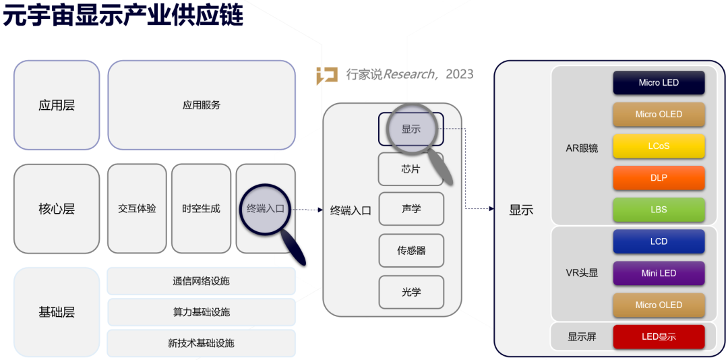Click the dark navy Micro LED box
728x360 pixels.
pyautogui.click(x=659, y=83)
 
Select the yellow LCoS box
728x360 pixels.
pyautogui.click(x=659, y=146)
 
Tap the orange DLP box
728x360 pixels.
pyautogui.click(x=659, y=178)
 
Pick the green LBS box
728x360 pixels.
pyautogui.click(x=659, y=210)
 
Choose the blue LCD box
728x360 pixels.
pyautogui.click(x=659, y=241)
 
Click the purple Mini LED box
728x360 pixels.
pyautogui.click(x=659, y=273)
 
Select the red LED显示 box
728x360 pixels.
pyautogui.click(x=659, y=336)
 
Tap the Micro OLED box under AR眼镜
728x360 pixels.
pyautogui.click(x=659, y=115)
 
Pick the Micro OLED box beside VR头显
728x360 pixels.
pyautogui.click(x=659, y=305)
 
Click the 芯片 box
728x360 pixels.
pyautogui.click(x=411, y=169)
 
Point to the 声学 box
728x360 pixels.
pyautogui.click(x=411, y=209)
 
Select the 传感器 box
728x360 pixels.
pyautogui.click(x=411, y=251)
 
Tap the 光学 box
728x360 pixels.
pyautogui.click(x=411, y=292)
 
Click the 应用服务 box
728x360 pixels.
pyautogui.click(x=202, y=105)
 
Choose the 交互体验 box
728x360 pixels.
pyautogui.click(x=137, y=209)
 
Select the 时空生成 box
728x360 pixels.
pyautogui.click(x=201, y=209)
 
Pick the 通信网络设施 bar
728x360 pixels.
pyautogui.click(x=201, y=281)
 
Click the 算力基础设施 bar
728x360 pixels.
pyautogui.click(x=201, y=312)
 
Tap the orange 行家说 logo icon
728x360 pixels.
pyautogui.click(x=327, y=76)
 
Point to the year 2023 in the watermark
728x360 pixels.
pyautogui.click(x=460, y=74)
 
